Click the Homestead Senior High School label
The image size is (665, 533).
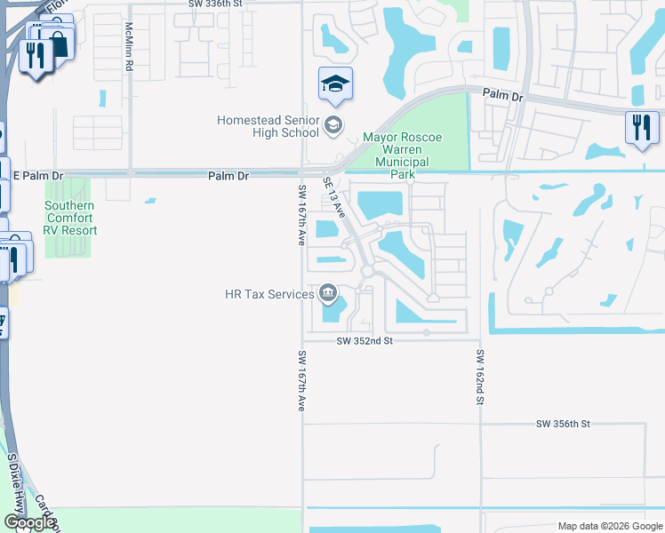(x=268, y=126)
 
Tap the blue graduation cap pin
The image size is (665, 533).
(x=335, y=84)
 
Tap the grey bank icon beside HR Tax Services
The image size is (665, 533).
(x=328, y=293)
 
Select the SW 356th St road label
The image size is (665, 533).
(x=564, y=425)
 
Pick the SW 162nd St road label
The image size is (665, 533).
(x=478, y=377)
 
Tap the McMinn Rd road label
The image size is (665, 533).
(x=129, y=47)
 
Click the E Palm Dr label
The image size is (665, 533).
(x=38, y=176)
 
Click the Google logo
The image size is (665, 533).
(x=28, y=522)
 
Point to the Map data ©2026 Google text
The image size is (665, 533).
(x=609, y=526)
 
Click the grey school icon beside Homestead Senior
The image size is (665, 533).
(x=333, y=125)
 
